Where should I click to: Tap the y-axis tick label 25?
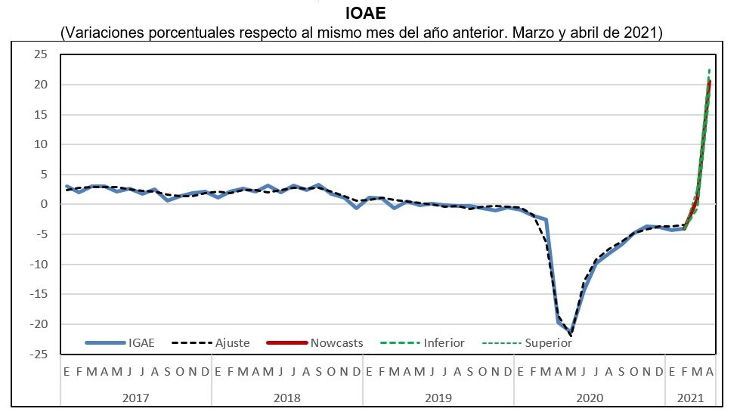click(x=40, y=54)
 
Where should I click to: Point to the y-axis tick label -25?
click(x=38, y=354)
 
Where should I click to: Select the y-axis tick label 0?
click(x=44, y=204)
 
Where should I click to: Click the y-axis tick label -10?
click(x=38, y=264)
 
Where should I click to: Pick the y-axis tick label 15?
click(x=40, y=114)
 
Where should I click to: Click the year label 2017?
click(x=136, y=398)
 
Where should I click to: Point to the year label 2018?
click(x=287, y=398)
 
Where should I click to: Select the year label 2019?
click(x=438, y=398)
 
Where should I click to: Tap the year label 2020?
click(x=590, y=398)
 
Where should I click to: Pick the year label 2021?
click(x=690, y=398)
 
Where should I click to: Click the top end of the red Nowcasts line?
click(x=709, y=82)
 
